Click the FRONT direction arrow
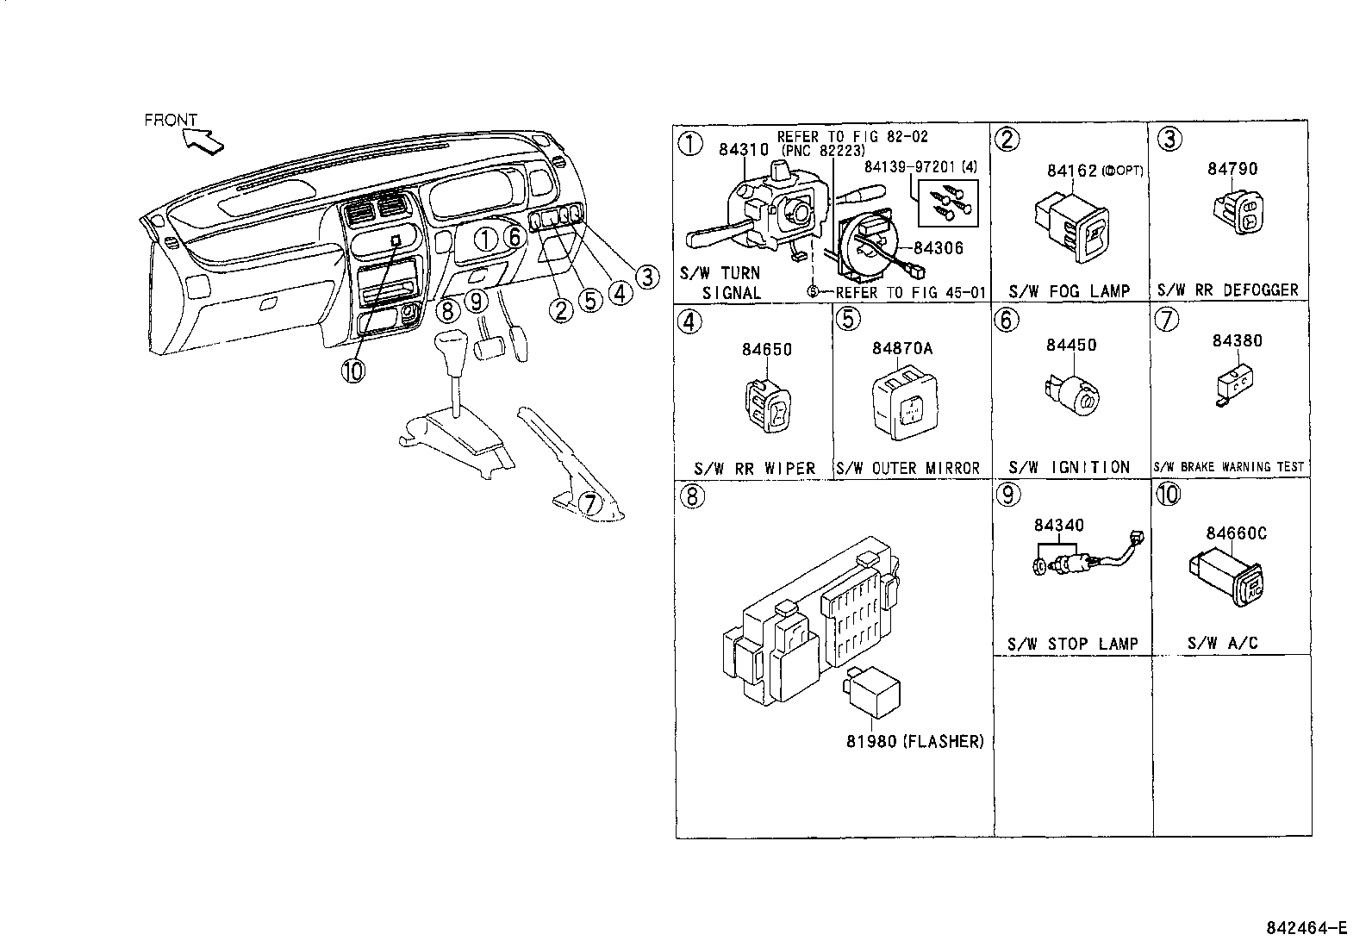tap(202, 139)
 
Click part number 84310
tap(743, 150)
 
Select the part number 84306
tap(938, 248)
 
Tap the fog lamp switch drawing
tap(1070, 226)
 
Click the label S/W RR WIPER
tap(754, 468)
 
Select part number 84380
tap(1237, 340)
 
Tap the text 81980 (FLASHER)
tap(914, 741)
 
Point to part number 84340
tap(1059, 526)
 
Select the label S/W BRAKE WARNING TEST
tap(1229, 467)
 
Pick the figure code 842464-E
tap(1305, 928)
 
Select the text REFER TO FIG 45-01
tap(910, 292)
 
